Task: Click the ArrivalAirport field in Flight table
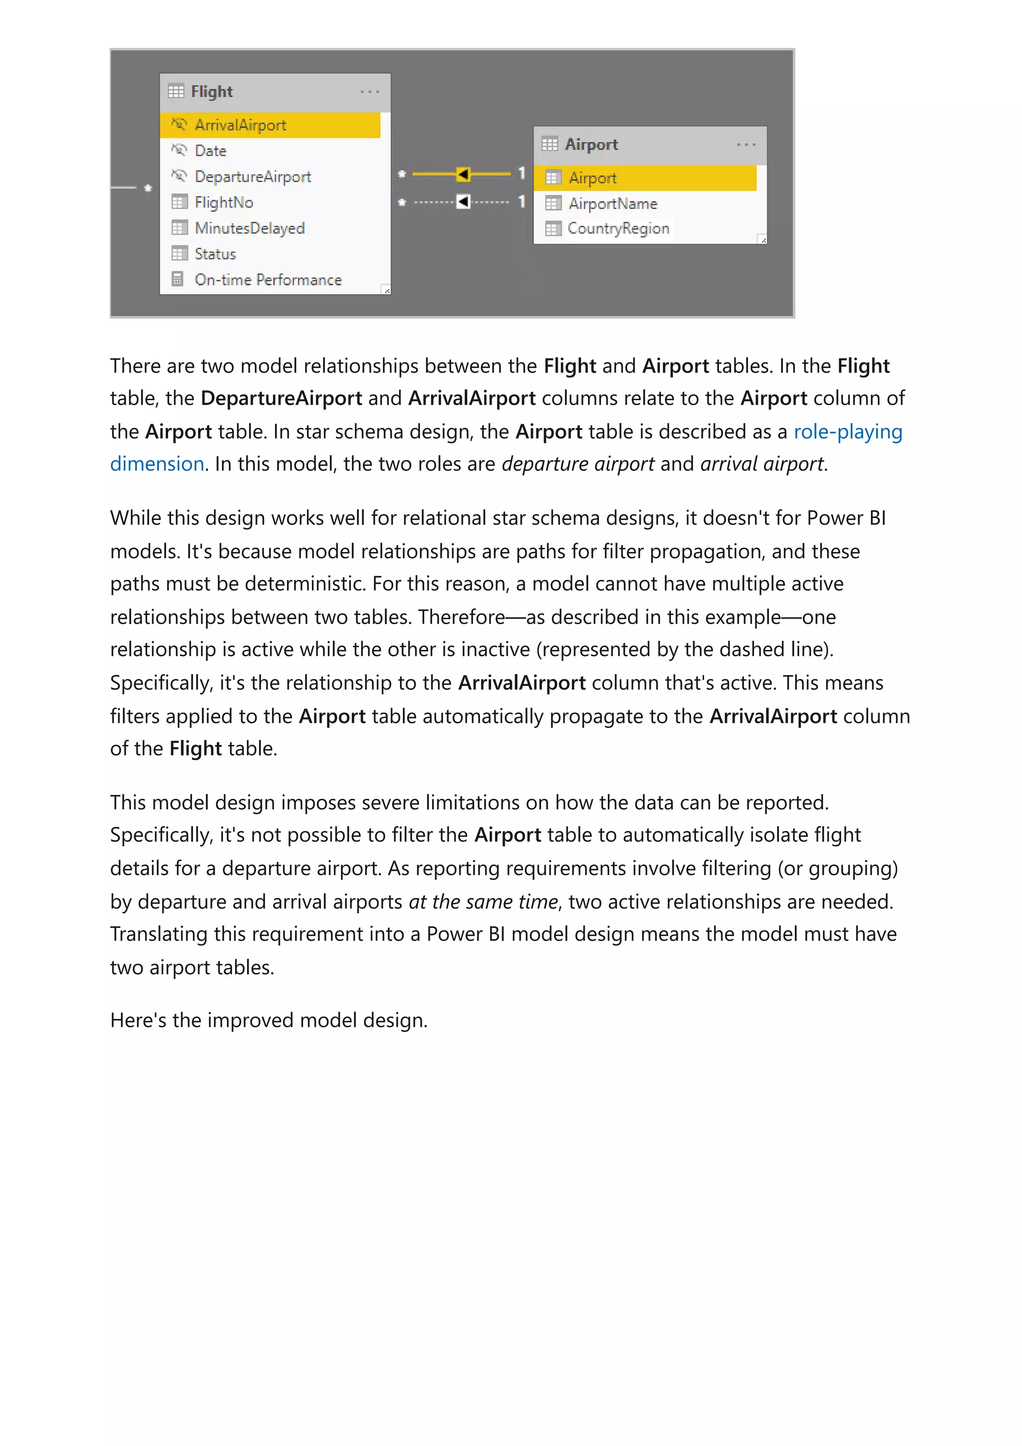[240, 125]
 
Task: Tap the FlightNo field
[224, 202]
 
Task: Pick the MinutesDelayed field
[250, 228]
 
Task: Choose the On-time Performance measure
[267, 279]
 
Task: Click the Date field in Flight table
[210, 151]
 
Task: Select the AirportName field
[612, 204]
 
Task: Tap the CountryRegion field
[618, 229]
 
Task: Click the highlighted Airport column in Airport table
[592, 178]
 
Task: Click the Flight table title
[212, 91]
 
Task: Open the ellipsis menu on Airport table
[746, 144]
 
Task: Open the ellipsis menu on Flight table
[370, 91]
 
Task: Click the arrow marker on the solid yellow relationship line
[463, 174]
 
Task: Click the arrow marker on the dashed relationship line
[463, 202]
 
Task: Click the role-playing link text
[847, 432]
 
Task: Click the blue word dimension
[157, 464]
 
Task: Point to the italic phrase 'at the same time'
[483, 902]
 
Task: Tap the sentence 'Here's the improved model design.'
[269, 1020]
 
